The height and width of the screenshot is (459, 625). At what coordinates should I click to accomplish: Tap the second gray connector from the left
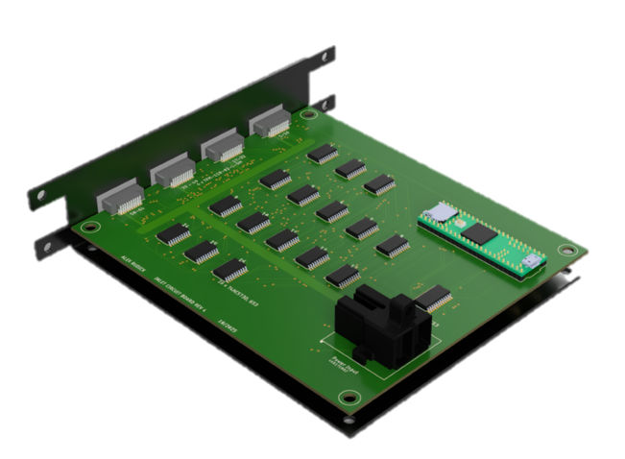(x=173, y=171)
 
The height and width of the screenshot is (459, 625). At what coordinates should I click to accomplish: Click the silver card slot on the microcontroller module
(x=443, y=213)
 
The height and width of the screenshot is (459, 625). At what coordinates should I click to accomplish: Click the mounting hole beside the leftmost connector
(x=89, y=228)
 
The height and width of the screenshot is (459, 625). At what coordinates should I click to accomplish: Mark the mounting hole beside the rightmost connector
(x=306, y=116)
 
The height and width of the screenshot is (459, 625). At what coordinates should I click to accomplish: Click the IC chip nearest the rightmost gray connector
(x=322, y=154)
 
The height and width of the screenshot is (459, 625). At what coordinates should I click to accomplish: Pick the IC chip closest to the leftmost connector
(x=173, y=233)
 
